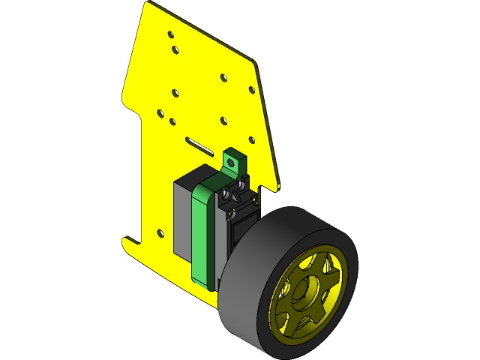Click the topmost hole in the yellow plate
click(x=171, y=34)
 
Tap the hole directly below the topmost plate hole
click(x=175, y=50)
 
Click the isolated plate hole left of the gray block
click(x=160, y=232)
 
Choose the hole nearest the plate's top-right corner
click(x=251, y=90)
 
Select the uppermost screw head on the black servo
click(x=241, y=181)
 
